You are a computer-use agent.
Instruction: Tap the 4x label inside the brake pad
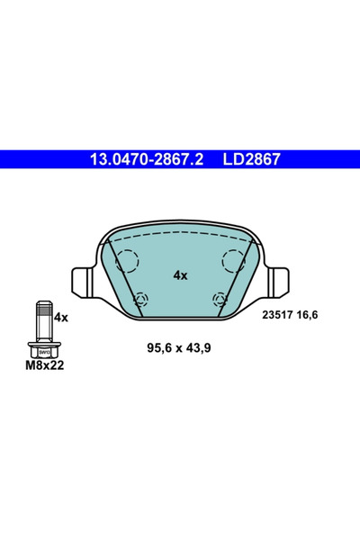coord(180,274)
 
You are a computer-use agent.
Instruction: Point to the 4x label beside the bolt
coord(61,318)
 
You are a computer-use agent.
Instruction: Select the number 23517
coord(278,314)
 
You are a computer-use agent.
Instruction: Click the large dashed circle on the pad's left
coord(125,261)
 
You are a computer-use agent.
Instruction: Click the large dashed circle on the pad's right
coord(235,261)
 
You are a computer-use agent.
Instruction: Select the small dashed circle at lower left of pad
coord(140,299)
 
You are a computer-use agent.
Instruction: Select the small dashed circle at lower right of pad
coord(219,299)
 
